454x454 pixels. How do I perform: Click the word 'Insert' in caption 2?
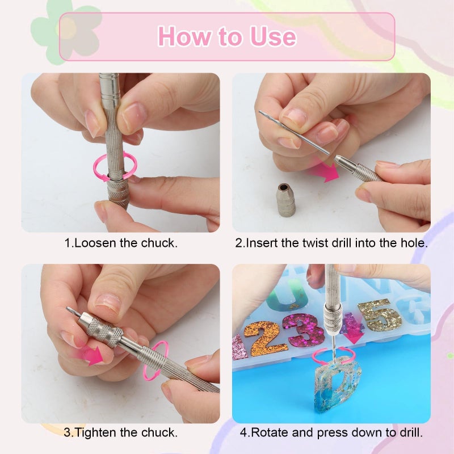260,243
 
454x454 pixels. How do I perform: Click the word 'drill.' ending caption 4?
409,432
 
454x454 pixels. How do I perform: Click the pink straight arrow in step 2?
324,171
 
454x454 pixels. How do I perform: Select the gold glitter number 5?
380,316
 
